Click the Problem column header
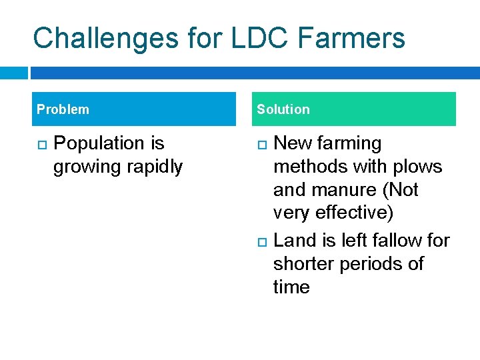pos(63,109)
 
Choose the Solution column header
pos(283,109)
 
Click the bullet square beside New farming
pos(261,144)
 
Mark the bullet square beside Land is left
pos(261,241)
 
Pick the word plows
pos(418,167)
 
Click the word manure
pos(347,190)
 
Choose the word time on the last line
pos(291,287)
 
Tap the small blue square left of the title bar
pos(13,73)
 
